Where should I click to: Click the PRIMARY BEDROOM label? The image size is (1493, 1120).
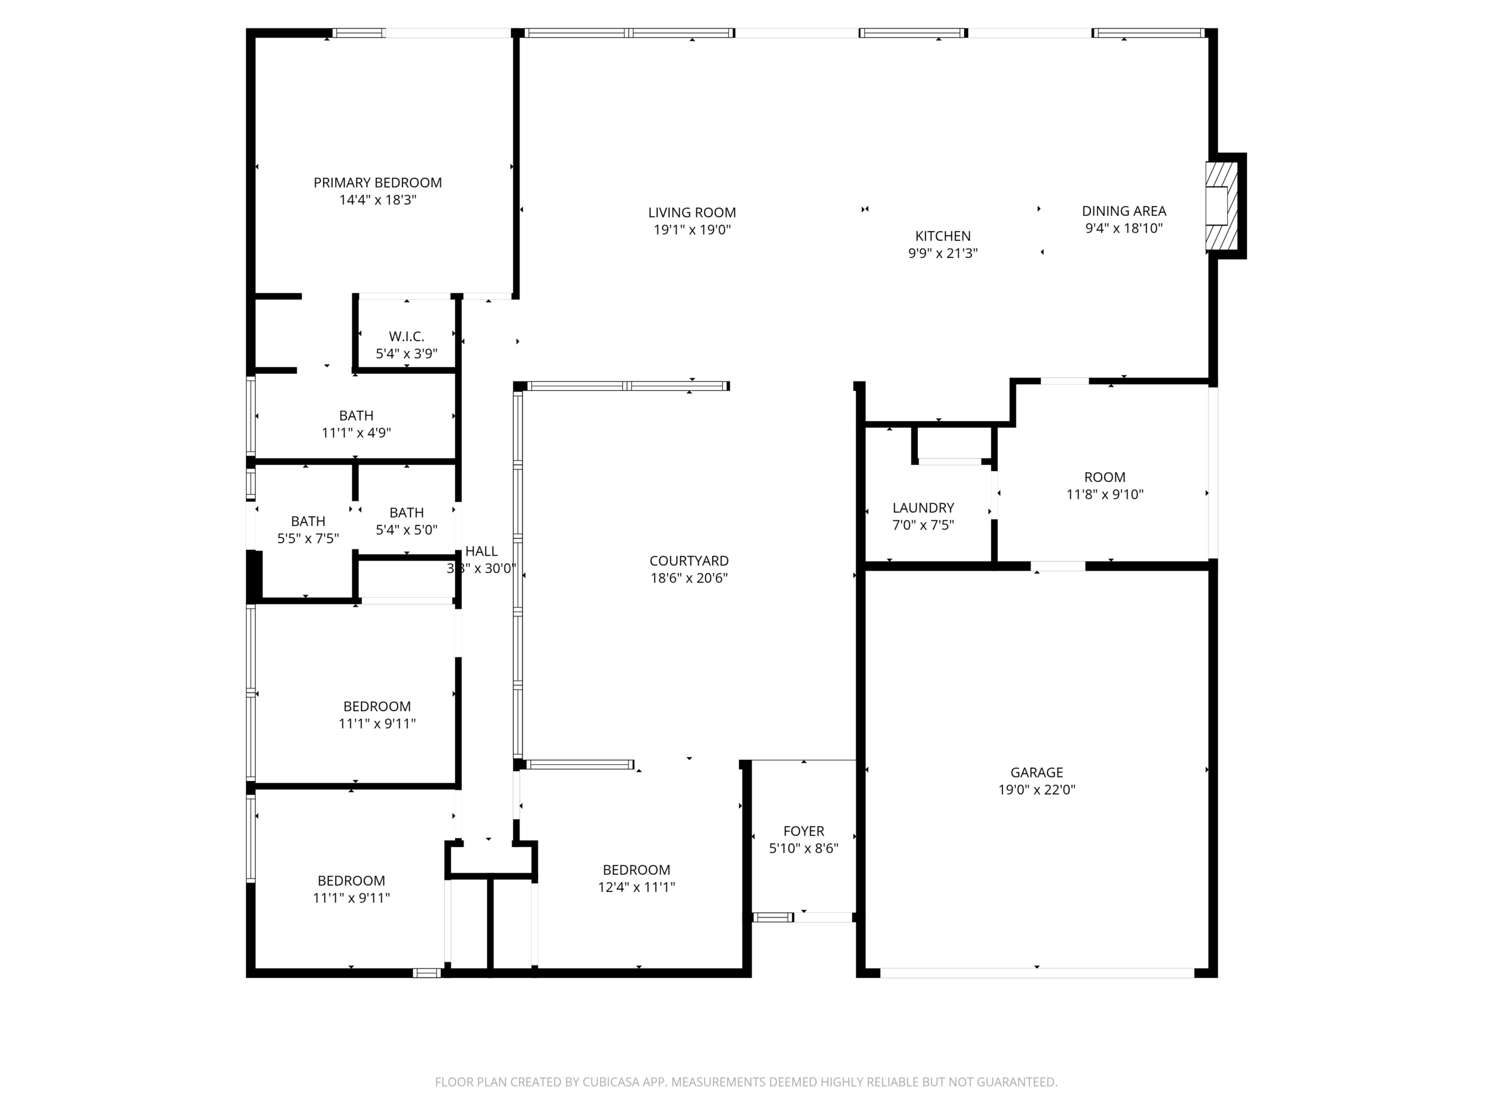pos(377,182)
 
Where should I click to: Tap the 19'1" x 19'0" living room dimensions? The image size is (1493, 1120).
pos(692,229)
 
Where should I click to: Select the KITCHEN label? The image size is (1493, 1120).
pos(942,236)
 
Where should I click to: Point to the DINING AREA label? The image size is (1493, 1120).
pos(1124,211)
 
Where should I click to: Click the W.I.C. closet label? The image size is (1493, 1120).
pos(406,336)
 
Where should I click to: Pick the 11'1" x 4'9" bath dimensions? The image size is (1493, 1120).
pos(356,433)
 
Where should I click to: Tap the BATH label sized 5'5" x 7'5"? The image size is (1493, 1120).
pos(308,521)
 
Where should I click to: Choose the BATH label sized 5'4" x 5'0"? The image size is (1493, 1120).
pos(406,512)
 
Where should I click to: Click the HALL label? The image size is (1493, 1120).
pos(481,551)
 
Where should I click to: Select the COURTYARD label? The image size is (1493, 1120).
pos(688,561)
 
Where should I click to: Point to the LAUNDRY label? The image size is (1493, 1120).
pos(923,508)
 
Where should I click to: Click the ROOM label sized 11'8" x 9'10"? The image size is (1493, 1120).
pos(1104,477)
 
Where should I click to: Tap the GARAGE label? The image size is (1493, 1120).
pos(1036,772)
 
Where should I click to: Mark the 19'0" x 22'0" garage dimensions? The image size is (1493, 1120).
pos(1036,789)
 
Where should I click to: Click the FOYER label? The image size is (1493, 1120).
pos(803,831)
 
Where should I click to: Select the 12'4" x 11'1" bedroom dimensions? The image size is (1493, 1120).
pos(636,887)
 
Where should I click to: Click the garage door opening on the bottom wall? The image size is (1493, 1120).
pos(1037,973)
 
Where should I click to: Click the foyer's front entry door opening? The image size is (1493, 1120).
pos(823,917)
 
